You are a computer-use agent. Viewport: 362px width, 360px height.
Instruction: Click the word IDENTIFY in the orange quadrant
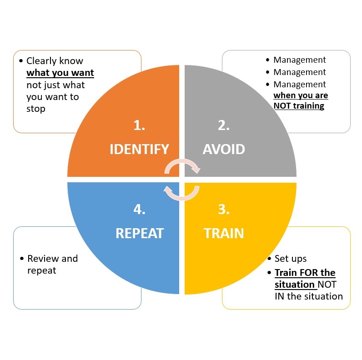(139, 149)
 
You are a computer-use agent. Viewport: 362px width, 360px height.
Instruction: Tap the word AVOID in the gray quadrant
(224, 149)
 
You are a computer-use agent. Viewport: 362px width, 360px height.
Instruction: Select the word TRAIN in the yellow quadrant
(224, 233)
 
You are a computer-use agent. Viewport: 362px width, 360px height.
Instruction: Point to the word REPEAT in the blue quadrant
(139, 233)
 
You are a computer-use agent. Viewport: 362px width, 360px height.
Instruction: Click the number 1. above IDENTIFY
(139, 125)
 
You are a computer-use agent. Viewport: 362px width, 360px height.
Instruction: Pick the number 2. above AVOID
(223, 125)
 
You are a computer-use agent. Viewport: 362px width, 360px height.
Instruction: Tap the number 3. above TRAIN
(223, 210)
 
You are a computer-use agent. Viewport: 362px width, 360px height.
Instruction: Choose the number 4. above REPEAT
(139, 210)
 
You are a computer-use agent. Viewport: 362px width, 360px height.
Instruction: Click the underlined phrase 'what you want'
(60, 73)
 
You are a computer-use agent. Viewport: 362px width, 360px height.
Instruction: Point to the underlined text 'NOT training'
(299, 106)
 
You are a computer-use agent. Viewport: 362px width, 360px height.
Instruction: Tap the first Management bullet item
(299, 60)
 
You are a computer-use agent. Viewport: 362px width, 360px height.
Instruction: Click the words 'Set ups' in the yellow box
(290, 259)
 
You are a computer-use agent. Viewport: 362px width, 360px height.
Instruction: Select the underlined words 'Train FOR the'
(305, 273)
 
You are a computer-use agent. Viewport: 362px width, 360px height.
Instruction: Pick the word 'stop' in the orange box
(35, 109)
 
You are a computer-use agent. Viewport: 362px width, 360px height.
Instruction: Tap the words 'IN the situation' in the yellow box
(308, 296)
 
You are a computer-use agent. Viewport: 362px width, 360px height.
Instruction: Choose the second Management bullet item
(299, 72)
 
